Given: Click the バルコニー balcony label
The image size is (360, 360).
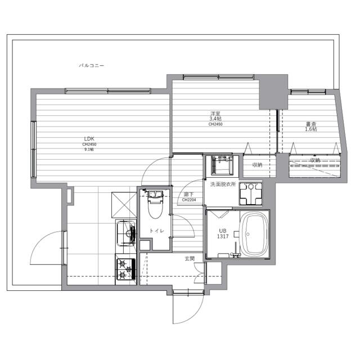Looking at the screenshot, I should click(x=91, y=66).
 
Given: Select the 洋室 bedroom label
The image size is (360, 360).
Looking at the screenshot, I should click(x=215, y=113).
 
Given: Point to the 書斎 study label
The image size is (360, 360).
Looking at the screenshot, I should click(x=311, y=124).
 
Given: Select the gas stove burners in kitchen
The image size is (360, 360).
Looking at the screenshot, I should click(x=125, y=268).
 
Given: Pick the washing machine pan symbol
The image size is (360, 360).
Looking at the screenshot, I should click(x=250, y=194).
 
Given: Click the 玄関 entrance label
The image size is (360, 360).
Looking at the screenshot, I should click(x=190, y=258).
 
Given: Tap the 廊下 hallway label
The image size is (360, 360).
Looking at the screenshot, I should click(x=188, y=194).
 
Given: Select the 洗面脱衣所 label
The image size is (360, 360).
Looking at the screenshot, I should click(x=223, y=184).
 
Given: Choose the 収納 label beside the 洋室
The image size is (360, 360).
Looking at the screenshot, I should click(x=257, y=165).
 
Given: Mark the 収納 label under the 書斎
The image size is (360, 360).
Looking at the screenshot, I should click(x=314, y=161).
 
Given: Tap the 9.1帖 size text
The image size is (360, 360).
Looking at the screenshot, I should click(x=89, y=150).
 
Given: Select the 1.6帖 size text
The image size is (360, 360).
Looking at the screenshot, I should click(x=311, y=129).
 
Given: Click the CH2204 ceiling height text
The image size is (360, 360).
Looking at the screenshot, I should click(x=188, y=199).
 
